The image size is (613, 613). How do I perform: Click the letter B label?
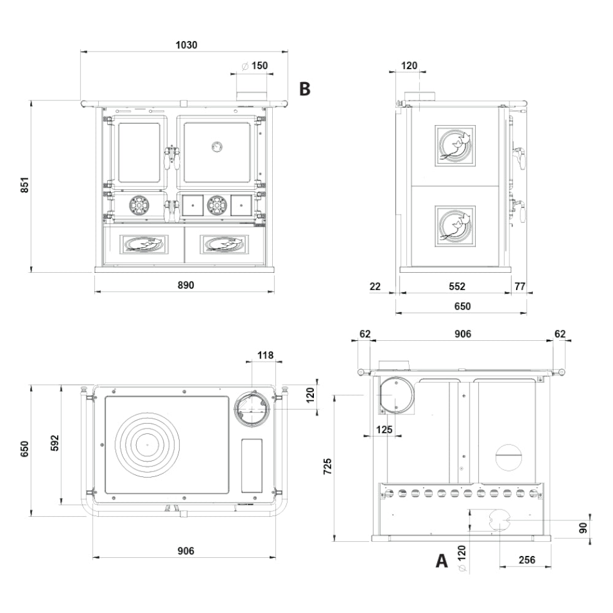coord(305,89)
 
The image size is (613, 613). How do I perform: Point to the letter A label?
coord(441,560)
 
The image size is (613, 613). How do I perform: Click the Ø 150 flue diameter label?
coord(254,66)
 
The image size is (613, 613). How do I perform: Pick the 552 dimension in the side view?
coord(457,286)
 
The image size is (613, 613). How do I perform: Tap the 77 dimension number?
coord(520,286)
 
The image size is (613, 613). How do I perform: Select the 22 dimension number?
coord(376,286)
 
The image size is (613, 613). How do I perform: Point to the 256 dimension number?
coord(527,560)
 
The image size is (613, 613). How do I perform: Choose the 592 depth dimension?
coord(55,444)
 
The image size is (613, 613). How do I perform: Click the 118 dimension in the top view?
coord(265,355)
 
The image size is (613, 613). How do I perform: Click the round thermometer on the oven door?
coord(217,146)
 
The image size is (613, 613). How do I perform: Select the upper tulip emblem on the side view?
coord(454,146)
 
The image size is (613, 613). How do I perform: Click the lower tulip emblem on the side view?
coord(454,226)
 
